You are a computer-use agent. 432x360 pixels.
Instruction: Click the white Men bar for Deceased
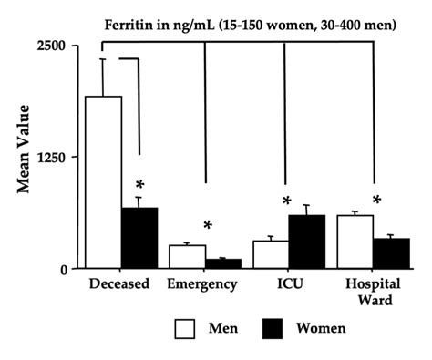pyautogui.click(x=103, y=182)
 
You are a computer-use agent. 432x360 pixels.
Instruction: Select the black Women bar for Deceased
pyautogui.click(x=139, y=238)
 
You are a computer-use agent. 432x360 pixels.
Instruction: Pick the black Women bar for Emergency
pyautogui.click(x=223, y=263)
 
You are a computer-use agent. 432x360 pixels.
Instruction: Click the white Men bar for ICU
pyautogui.click(x=270, y=254)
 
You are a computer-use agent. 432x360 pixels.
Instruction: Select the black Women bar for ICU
pyautogui.click(x=306, y=242)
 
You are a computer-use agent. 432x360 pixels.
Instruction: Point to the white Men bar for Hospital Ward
pyautogui.click(x=355, y=242)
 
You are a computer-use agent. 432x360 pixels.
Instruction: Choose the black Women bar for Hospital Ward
pyautogui.click(x=392, y=253)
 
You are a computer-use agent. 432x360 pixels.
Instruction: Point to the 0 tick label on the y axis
pyautogui.click(x=65, y=269)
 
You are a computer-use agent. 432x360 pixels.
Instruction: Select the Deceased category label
pyautogui.click(x=119, y=283)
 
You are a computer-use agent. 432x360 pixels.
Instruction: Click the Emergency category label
pyautogui.click(x=202, y=283)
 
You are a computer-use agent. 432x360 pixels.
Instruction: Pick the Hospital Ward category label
pyautogui.click(x=371, y=290)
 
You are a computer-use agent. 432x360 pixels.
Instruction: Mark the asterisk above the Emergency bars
pyautogui.click(x=208, y=227)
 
